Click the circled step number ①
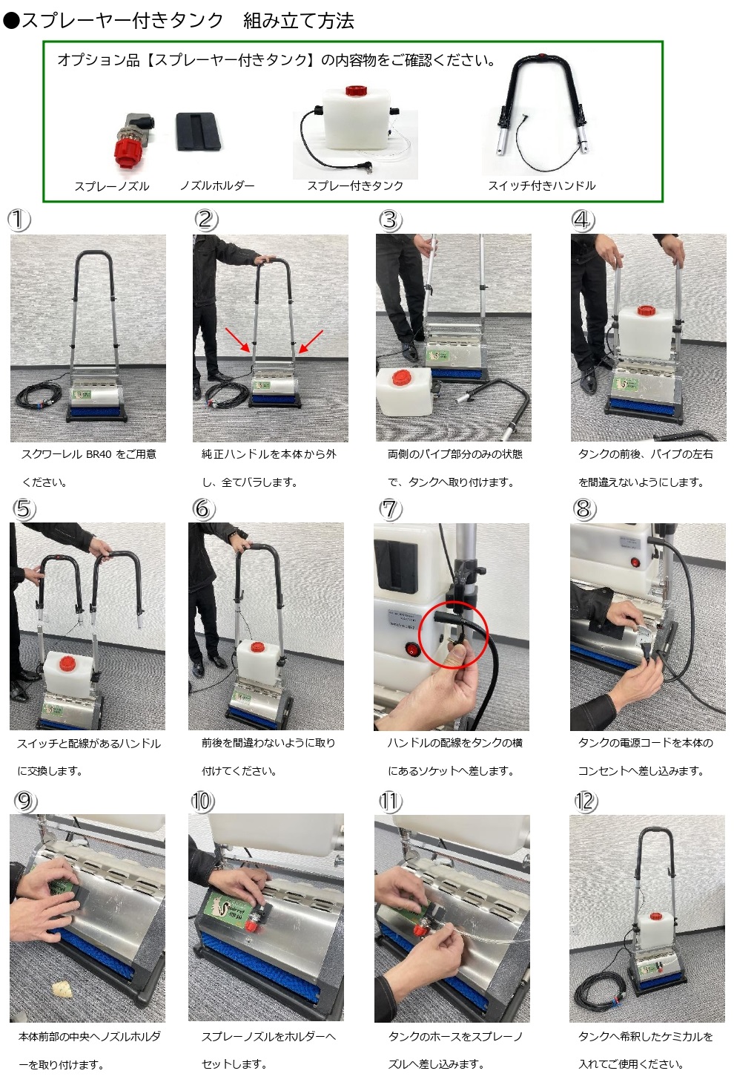[x=19, y=220]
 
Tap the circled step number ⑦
[x=390, y=509]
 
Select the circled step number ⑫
[x=586, y=802]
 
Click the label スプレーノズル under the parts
[x=111, y=186]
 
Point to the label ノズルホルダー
[x=216, y=186]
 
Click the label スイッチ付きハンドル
[x=541, y=186]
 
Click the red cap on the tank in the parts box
[x=357, y=91]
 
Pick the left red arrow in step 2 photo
[x=237, y=339]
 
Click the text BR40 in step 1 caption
[x=99, y=454]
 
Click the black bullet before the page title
[x=10, y=21]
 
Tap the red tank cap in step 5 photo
[x=67, y=662]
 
